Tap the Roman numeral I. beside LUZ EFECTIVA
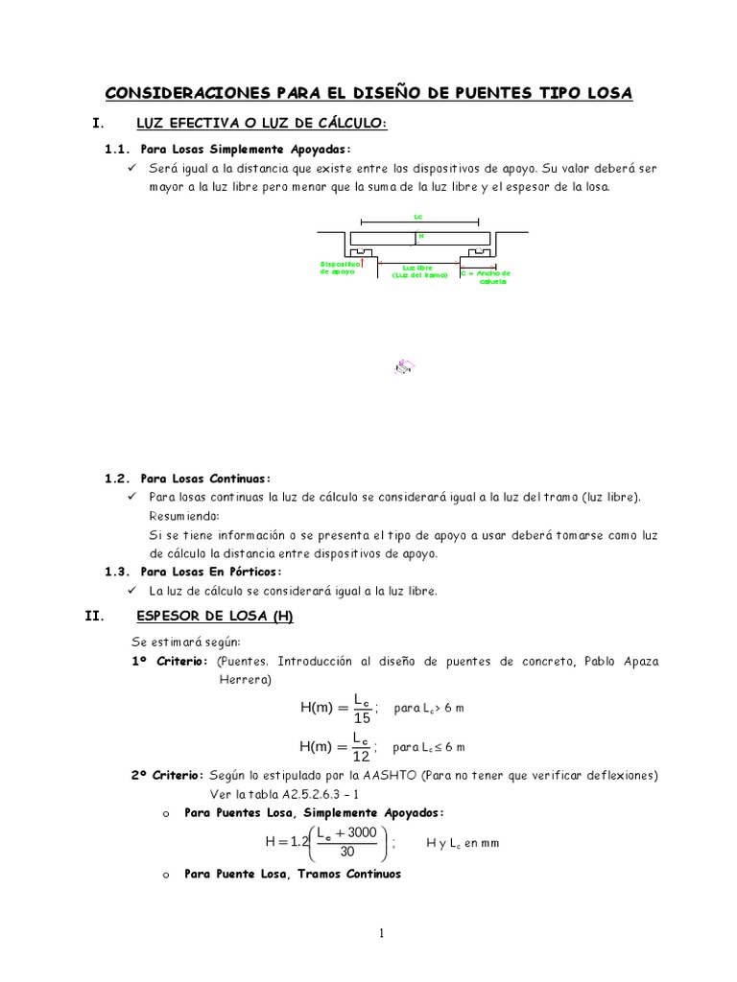click(96, 123)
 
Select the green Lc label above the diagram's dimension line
click(418, 217)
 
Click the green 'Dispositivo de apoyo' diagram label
click(339, 268)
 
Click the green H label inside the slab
click(420, 235)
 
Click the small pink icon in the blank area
click(404, 366)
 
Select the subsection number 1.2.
click(116, 478)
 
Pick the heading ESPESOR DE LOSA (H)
click(215, 617)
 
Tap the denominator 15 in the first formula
click(361, 717)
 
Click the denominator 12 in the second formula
click(361, 756)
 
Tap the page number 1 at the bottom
click(381, 934)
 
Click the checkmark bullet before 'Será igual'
click(132, 168)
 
